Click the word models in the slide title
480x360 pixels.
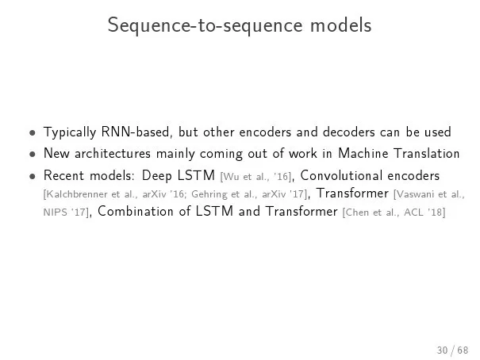coord(340,25)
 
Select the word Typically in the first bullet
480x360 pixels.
coord(70,132)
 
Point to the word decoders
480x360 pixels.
coord(348,132)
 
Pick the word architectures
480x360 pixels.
coord(113,153)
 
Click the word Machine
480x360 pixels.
coord(363,153)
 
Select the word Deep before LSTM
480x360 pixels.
coord(157,176)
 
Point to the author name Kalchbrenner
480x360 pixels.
coord(76,194)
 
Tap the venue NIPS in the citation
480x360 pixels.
coord(55,213)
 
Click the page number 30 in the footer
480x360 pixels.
coord(443,350)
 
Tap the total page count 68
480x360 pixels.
coord(463,350)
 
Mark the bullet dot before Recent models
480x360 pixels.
coord(33,177)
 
